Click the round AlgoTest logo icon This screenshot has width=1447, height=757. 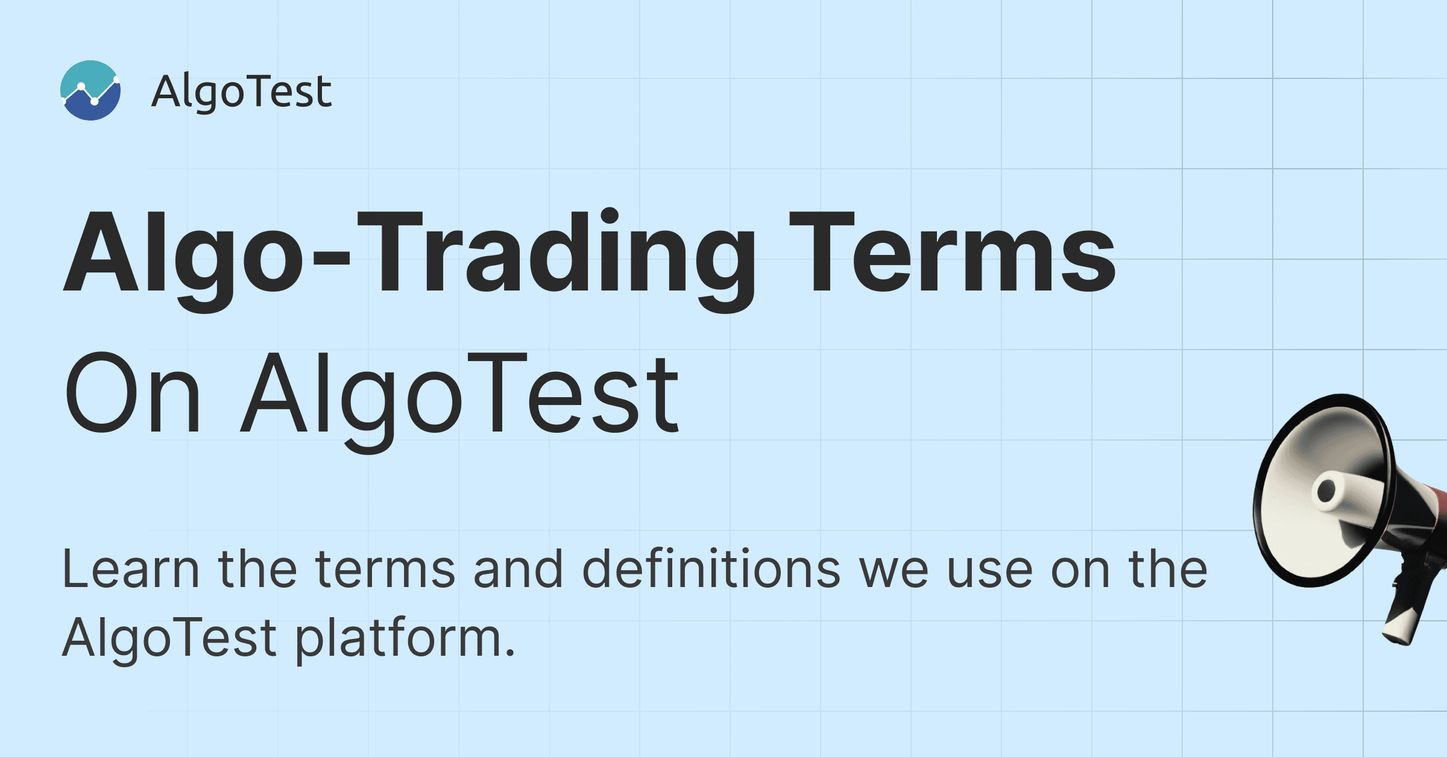[x=90, y=90]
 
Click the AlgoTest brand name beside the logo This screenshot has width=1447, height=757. [x=241, y=92]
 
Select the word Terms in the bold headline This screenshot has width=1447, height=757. [x=953, y=252]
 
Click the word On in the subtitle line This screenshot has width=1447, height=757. [x=132, y=392]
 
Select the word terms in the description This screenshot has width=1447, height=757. [x=385, y=569]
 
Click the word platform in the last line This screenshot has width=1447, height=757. [x=398, y=639]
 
